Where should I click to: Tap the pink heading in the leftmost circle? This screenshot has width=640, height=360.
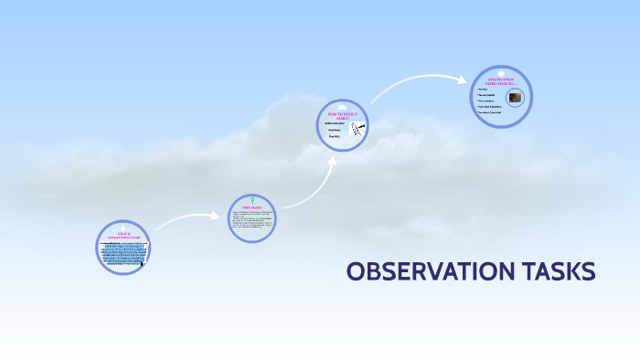(123, 235)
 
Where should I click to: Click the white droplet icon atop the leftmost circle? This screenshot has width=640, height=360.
(123, 225)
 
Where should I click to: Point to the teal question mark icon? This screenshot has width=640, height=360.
(251, 200)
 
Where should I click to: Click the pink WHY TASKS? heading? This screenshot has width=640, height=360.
(251, 208)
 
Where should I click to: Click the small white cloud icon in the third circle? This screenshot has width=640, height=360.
(347, 110)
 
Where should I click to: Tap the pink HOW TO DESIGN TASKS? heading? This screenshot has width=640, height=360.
(342, 117)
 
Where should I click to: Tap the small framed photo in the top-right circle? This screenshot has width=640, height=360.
(516, 96)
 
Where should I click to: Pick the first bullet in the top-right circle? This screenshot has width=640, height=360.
(485, 89)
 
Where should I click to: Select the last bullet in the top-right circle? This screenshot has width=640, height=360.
(490, 112)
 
